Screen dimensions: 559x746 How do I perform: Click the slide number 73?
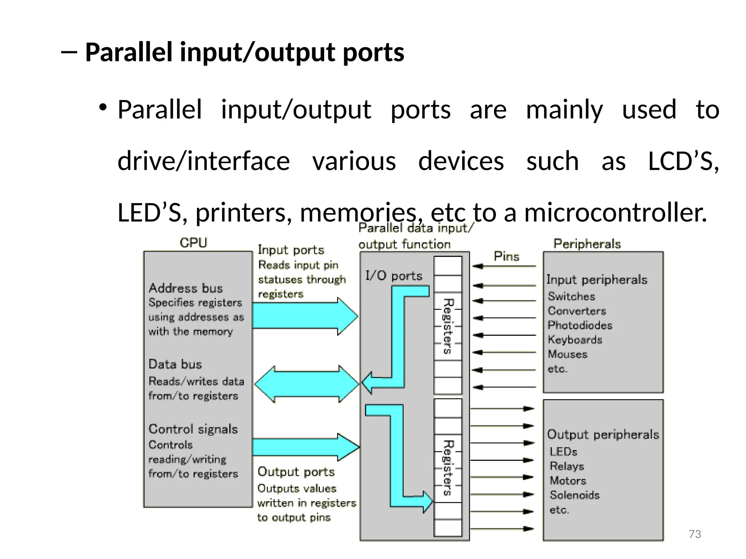click(695, 534)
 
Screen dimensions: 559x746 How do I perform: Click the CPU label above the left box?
click(193, 243)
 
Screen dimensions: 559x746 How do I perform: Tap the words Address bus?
click(185, 288)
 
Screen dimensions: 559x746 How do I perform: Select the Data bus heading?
click(175, 364)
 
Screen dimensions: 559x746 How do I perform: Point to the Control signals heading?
click(193, 429)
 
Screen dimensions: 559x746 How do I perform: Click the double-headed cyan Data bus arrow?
click(307, 384)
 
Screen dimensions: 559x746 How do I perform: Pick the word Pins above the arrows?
click(506, 257)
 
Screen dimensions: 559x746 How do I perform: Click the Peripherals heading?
click(587, 243)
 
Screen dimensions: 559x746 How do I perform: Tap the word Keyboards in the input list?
click(575, 340)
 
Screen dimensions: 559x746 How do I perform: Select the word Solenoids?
click(574, 495)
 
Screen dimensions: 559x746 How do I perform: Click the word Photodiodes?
click(580, 325)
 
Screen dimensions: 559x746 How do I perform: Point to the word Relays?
click(567, 466)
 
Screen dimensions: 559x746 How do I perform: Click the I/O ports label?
click(394, 276)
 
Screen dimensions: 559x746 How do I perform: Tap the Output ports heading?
click(296, 472)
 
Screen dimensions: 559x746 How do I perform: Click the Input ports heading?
click(291, 250)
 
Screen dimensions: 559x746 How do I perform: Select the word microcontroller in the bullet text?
click(615, 213)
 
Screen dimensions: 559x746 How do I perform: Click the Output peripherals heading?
click(603, 435)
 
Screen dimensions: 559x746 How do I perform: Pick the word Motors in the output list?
click(568, 481)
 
